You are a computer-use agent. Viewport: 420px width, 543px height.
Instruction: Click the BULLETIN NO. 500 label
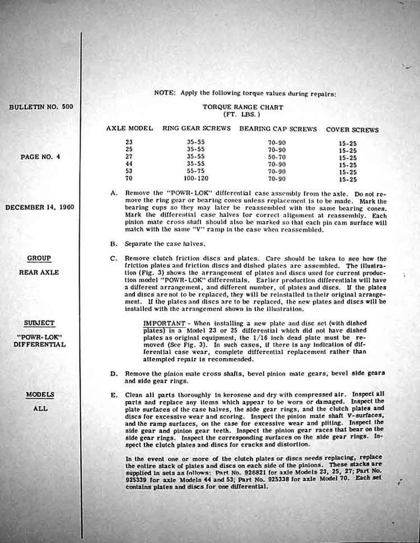pyautogui.click(x=41, y=106)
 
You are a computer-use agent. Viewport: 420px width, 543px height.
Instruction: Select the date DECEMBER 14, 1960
pyautogui.click(x=39, y=207)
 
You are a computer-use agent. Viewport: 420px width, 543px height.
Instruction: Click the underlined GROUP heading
pyautogui.click(x=39, y=258)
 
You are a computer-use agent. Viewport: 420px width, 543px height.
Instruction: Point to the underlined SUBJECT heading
pyautogui.click(x=39, y=323)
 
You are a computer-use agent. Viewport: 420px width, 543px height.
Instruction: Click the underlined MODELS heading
pyautogui.click(x=40, y=395)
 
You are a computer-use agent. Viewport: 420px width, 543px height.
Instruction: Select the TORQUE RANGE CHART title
pyautogui.click(x=242, y=107)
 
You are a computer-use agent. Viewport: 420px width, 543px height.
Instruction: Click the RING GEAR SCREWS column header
pyautogui.click(x=197, y=128)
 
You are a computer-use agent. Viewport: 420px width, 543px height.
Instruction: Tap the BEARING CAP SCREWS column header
pyautogui.click(x=278, y=129)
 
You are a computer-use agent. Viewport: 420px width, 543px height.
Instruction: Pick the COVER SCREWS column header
pyautogui.click(x=352, y=129)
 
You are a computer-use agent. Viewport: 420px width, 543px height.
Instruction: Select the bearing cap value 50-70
pyautogui.click(x=278, y=157)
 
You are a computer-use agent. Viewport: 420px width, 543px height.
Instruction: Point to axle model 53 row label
pyautogui.click(x=129, y=171)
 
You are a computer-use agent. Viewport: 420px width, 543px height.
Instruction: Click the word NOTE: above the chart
pyautogui.click(x=165, y=93)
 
